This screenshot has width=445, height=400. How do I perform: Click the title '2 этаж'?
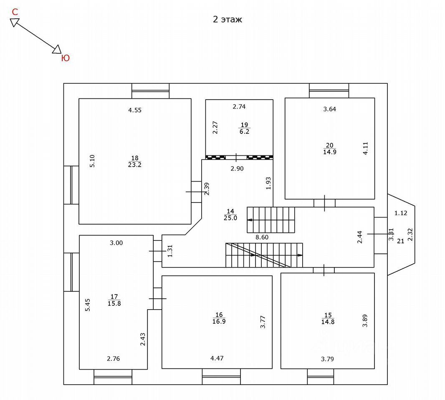(x=228, y=20)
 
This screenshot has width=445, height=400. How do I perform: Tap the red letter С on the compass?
(x=15, y=12)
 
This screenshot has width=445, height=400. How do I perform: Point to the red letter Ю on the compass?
(x=65, y=58)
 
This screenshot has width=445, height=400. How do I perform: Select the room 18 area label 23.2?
(x=134, y=165)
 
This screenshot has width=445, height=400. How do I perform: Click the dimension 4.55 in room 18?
(x=135, y=110)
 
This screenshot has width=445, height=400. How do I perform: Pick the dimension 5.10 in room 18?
(x=93, y=161)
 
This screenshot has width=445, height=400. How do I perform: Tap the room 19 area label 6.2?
(x=244, y=131)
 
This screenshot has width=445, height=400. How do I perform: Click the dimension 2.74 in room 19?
(x=239, y=107)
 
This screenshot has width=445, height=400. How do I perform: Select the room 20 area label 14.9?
(x=329, y=152)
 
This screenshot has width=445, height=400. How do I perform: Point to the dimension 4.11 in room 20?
(x=366, y=149)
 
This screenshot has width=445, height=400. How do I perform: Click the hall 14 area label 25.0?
(x=230, y=218)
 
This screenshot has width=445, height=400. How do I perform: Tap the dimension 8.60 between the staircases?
(x=262, y=237)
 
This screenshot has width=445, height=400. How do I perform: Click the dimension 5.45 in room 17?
(x=88, y=305)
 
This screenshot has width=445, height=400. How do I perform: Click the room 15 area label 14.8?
(x=328, y=322)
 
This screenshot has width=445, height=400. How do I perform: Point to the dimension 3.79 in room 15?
(x=327, y=358)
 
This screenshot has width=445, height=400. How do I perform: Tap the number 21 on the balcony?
(x=400, y=241)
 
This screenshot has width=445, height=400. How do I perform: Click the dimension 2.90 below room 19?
(x=237, y=169)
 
